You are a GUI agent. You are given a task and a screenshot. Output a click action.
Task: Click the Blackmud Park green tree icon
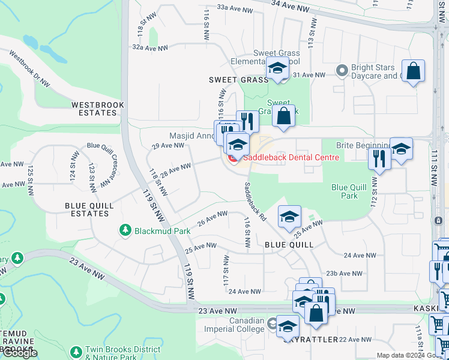click(125, 230)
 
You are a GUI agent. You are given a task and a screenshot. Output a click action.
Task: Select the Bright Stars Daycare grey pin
click(342, 70)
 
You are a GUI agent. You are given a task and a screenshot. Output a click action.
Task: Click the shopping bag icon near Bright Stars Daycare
click(413, 71)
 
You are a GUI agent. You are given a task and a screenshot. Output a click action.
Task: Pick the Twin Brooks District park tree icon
click(76, 350)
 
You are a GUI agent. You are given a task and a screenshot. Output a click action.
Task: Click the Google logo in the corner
click(20, 353)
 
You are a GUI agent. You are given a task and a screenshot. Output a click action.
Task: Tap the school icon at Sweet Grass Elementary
click(277, 69)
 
